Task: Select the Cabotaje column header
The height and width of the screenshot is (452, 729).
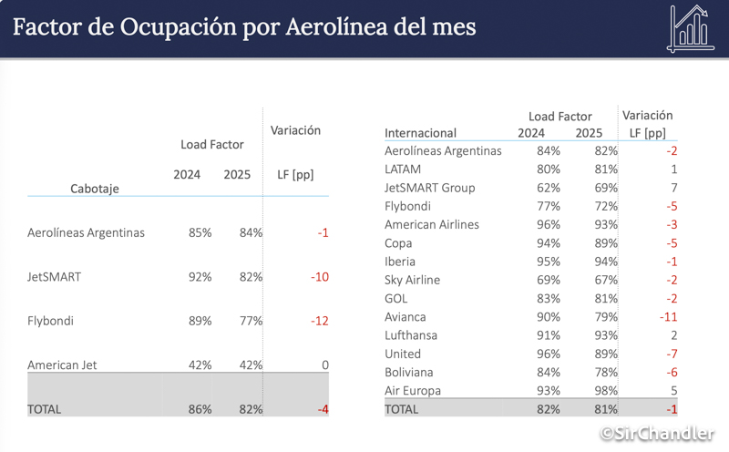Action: pos(95,189)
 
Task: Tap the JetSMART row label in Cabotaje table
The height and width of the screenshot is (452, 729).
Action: pos(55,276)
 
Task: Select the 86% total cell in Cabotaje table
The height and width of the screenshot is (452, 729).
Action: pos(199,409)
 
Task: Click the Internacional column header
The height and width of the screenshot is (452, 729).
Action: pos(421,133)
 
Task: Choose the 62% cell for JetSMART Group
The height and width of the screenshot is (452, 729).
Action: pos(548,188)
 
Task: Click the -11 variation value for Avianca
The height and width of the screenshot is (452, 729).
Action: pos(668,317)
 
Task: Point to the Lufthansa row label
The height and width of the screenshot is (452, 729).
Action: pos(411,335)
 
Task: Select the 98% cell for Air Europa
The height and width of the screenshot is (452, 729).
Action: pos(604,391)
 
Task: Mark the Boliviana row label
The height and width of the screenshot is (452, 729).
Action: pos(409,372)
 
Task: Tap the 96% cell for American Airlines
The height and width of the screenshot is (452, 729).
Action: pos(548,224)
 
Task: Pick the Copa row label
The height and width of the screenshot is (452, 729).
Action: pos(398,243)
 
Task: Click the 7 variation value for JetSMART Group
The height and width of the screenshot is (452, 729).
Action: pos(673,188)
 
